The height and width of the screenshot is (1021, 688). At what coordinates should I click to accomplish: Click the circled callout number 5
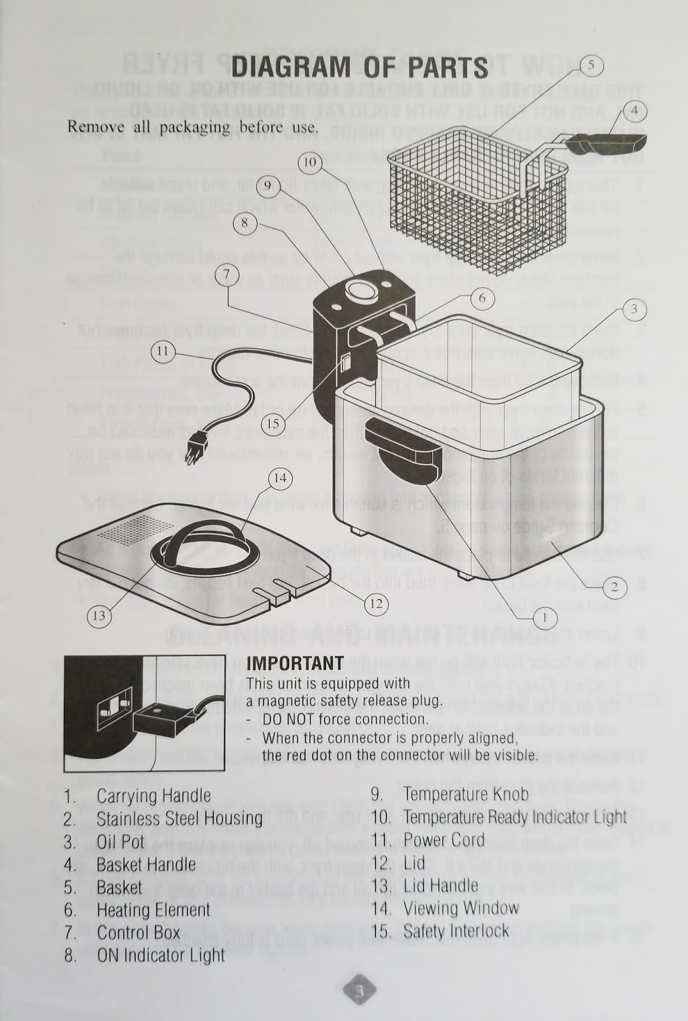(591, 64)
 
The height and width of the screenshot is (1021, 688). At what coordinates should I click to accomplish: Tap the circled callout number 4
(634, 111)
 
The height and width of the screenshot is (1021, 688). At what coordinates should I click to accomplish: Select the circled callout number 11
(163, 350)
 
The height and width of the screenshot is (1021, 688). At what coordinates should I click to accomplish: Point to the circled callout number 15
(273, 423)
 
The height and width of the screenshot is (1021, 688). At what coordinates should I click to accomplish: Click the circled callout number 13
(98, 616)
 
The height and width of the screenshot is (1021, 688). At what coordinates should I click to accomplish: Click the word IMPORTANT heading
(295, 663)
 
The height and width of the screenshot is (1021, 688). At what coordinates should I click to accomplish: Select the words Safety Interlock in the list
(456, 931)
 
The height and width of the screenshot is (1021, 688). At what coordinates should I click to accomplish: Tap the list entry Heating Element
(153, 910)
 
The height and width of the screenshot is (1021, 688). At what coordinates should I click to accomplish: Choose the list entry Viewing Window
(461, 908)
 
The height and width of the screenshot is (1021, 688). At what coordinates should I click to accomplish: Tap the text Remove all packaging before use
(192, 126)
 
